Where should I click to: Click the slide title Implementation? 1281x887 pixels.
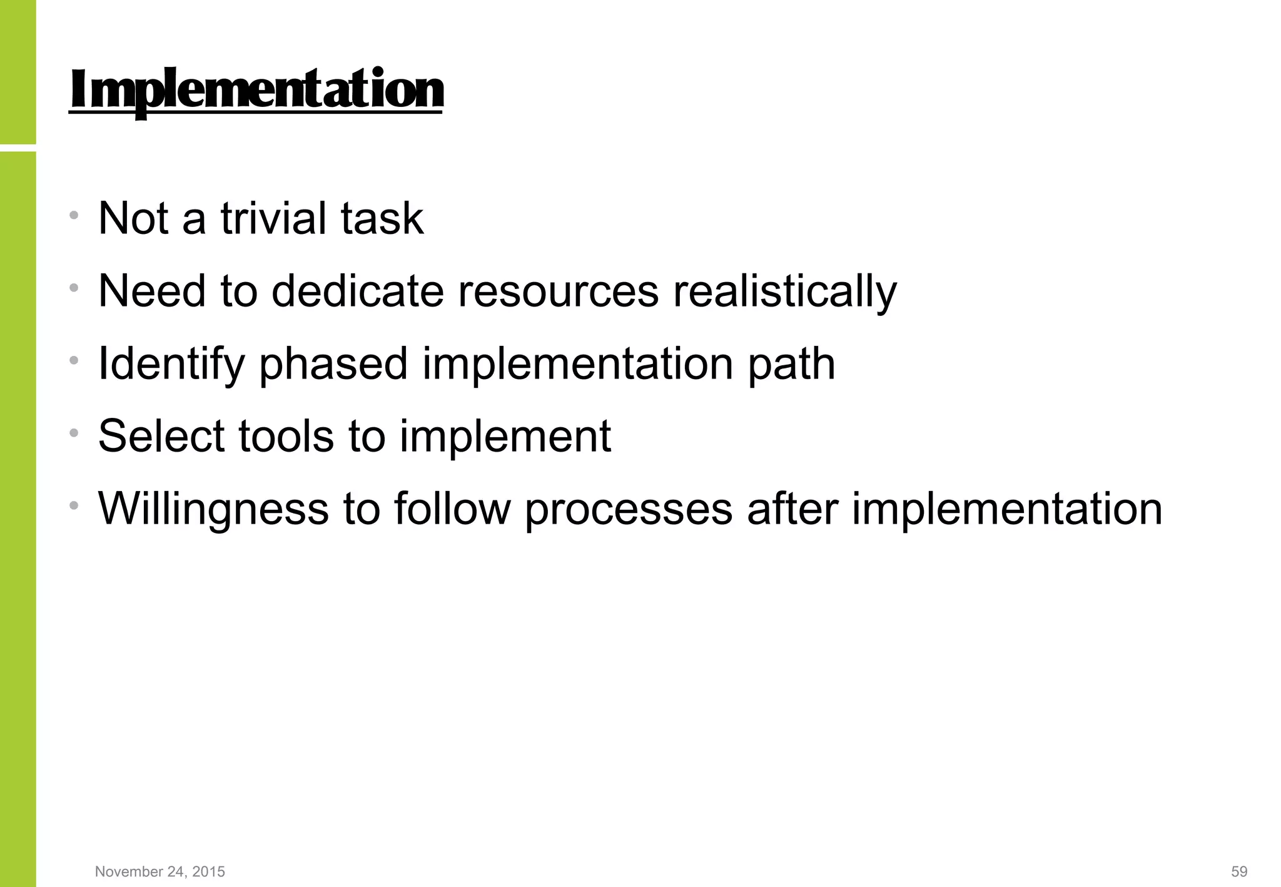[x=256, y=91]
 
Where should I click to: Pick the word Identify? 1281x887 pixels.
[x=171, y=365]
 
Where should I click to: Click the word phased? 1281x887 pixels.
[x=333, y=365]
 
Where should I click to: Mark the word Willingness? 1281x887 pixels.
[x=213, y=509]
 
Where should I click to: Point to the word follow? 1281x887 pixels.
[x=452, y=509]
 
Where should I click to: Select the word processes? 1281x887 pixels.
[x=629, y=509]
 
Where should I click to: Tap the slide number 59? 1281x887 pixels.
[x=1239, y=871]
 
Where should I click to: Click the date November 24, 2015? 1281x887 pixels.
[x=160, y=871]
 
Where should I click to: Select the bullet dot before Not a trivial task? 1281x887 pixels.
[x=74, y=216]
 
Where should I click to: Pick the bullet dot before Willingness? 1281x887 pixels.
[x=74, y=505]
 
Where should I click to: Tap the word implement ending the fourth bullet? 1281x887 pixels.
[x=505, y=437]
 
